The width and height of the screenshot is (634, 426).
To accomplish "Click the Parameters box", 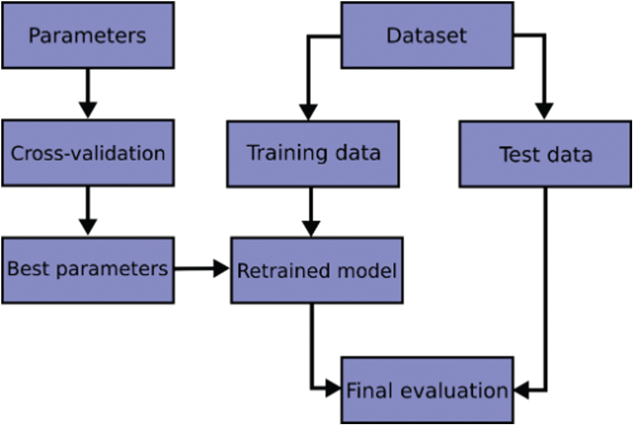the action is point(88,35).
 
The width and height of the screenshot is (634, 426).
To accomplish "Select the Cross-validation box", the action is point(88,153).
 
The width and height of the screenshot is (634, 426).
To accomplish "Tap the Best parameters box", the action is point(88,270).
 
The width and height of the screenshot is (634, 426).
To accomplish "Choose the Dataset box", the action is point(427,35).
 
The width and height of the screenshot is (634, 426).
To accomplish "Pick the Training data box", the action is point(314,154).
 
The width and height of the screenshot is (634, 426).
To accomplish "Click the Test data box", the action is point(546,154).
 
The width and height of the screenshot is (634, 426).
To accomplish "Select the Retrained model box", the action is point(317,270).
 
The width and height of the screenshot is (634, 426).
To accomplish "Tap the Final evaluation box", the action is point(427,390).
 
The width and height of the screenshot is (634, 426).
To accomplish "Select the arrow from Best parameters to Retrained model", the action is point(202,268).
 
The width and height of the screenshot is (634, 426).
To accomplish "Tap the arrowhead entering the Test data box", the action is point(544,111).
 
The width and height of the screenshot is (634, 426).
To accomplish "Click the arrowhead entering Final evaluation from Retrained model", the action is point(333,389).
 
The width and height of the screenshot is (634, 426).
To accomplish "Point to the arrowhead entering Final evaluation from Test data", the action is point(522,390).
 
